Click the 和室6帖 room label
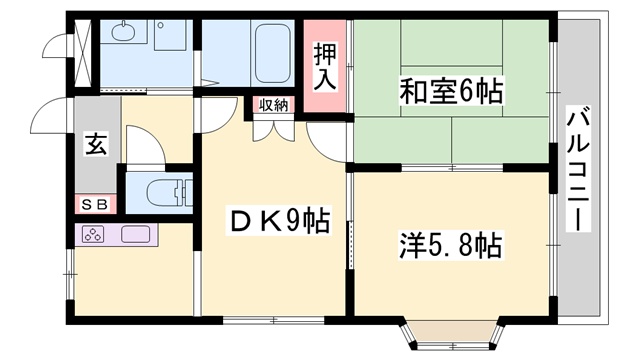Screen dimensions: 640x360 coord(451,92)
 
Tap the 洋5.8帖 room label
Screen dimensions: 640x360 coord(450,245)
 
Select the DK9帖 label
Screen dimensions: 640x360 coord(279,220)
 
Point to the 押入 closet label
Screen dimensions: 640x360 coord(325,66)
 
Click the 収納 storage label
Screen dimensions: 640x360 coord(273,105)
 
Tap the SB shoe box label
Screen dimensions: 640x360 coord(95,204)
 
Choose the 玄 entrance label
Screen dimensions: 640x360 coord(96,145)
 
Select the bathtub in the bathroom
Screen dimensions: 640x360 coord(273,53)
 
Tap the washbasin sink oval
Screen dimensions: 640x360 coord(124,31)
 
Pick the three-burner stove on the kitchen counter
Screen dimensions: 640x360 coord(93,234)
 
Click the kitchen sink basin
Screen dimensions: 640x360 coord(136,234)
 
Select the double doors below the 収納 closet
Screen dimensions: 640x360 coord(273,129)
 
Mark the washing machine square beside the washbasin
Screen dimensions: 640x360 coord(171,35)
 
